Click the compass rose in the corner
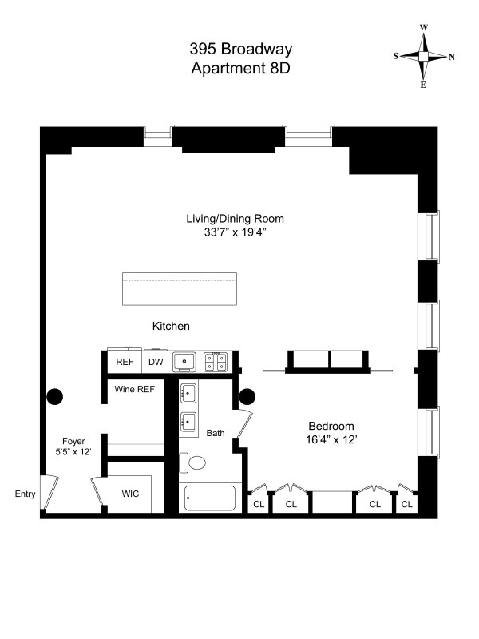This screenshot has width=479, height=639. [424, 56]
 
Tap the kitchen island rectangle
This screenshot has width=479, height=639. [180, 288]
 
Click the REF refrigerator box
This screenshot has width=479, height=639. [125, 362]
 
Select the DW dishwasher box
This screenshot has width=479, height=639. [155, 362]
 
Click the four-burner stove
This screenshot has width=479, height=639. [215, 362]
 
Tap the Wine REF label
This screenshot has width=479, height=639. [135, 390]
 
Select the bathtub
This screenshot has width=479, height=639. [211, 498]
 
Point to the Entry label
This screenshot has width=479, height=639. [25, 494]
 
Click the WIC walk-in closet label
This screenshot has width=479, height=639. [130, 494]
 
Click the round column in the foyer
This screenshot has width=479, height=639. [55, 395]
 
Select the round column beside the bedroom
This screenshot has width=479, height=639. [247, 395]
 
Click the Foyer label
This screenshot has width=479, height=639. [73, 441]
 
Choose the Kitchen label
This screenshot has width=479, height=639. [171, 326]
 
